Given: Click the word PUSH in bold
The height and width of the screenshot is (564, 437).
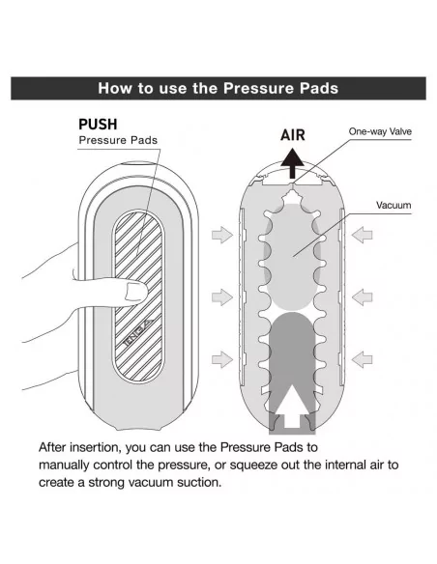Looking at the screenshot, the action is tap(98, 124).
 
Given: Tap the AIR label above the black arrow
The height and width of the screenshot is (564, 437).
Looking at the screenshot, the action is tap(293, 135).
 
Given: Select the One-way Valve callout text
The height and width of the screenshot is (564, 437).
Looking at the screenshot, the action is tap(380, 131).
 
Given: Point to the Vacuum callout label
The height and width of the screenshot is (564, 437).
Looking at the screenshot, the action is tap(393, 205).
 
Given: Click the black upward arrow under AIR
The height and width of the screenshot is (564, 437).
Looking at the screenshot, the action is tap(292, 164).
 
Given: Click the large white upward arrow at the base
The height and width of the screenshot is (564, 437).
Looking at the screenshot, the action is tap(292, 408).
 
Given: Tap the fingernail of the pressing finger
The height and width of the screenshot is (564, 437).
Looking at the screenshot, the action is tap(135, 292).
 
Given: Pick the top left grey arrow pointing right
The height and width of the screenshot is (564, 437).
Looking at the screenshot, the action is tap(222, 235).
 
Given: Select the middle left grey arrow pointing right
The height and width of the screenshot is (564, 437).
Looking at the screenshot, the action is tap(222, 297).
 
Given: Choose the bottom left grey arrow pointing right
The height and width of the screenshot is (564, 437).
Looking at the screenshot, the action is tap(222, 359).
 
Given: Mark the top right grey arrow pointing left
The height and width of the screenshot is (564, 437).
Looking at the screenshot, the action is tap(362, 235).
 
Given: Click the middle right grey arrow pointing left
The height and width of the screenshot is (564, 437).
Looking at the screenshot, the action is tap(362, 297).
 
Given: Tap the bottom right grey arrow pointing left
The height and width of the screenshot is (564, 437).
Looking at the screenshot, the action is tap(362, 359).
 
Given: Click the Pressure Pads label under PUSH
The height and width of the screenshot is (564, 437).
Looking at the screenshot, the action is tap(118, 140).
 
